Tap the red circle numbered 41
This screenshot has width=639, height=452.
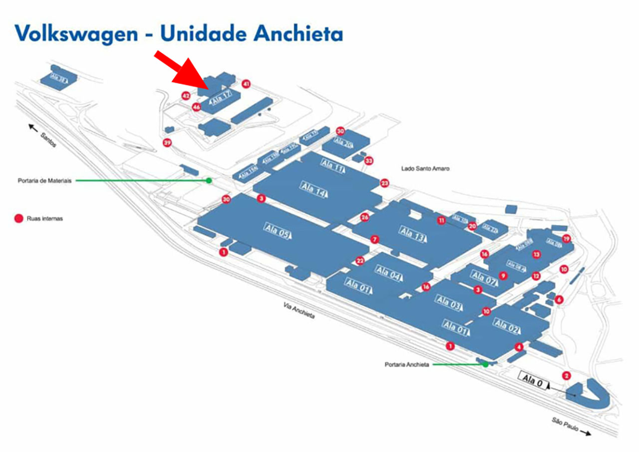(246, 84)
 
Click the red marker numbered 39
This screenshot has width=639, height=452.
(167, 143)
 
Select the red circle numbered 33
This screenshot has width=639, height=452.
(368, 161)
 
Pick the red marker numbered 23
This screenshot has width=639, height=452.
(384, 183)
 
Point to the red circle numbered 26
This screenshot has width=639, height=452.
(365, 217)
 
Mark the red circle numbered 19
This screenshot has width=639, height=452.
(566, 239)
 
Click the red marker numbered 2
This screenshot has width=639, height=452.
(566, 376)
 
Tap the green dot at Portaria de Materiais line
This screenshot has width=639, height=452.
(209, 180)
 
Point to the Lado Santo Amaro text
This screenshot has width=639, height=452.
(425, 169)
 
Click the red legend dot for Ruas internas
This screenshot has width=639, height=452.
(19, 218)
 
